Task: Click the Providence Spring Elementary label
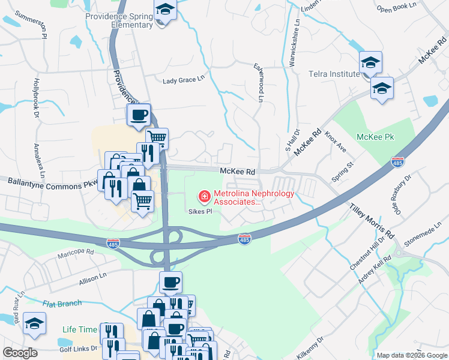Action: click(x=119, y=20)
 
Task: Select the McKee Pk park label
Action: click(x=375, y=137)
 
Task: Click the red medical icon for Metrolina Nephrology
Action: click(x=204, y=196)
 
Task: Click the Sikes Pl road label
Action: click(x=200, y=211)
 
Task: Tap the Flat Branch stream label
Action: click(x=62, y=304)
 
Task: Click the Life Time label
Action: click(x=79, y=329)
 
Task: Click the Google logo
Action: click(x=20, y=353)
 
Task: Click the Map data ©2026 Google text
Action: click(x=411, y=355)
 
